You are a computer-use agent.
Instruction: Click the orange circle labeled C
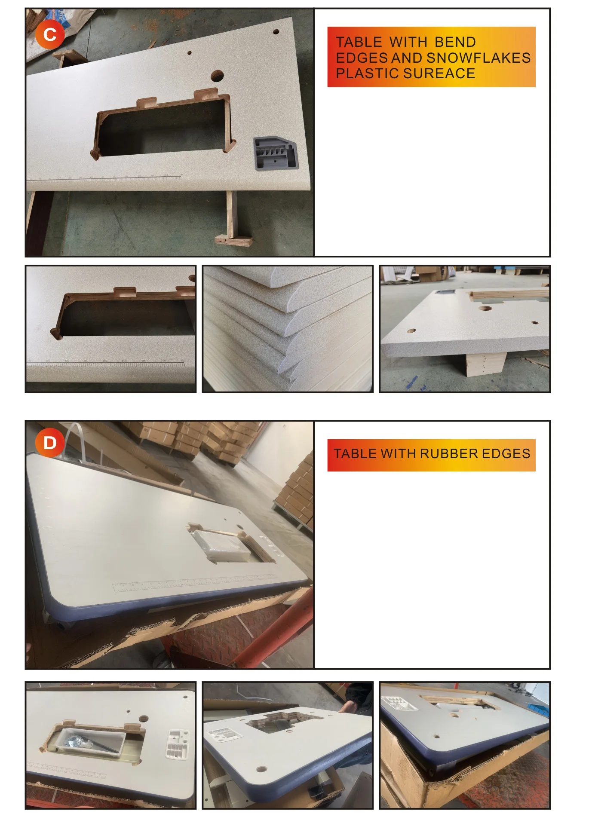[50, 34]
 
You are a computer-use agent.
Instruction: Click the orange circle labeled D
[50, 442]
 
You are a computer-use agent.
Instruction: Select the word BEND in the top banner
[455, 42]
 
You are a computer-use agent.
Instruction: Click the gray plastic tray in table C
[275, 153]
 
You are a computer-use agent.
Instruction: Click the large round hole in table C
[217, 76]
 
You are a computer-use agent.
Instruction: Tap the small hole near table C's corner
[276, 32]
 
